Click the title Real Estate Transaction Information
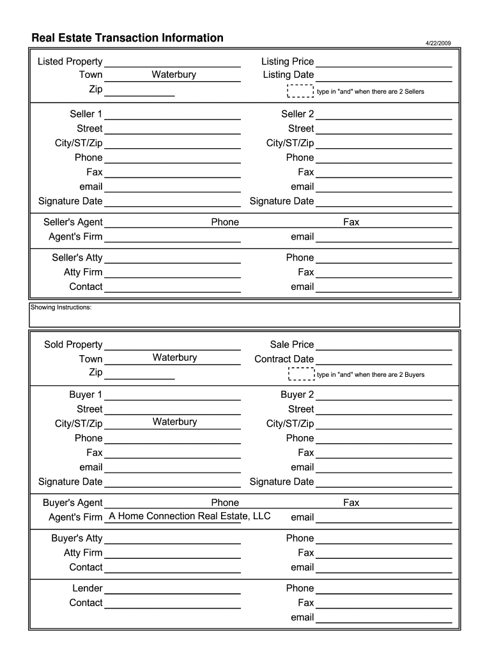[128, 38]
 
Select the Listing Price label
[288, 61]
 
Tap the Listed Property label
[70, 61]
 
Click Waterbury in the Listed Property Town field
[174, 75]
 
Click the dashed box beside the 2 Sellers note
[301, 91]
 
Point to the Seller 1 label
[86, 114]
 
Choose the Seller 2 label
[297, 114]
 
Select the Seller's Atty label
[77, 258]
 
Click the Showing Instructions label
[61, 308]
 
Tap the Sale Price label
[291, 345]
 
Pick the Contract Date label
[284, 359]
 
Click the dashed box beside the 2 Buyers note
[301, 374]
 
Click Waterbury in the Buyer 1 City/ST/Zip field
[174, 422]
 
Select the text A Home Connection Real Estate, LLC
[190, 516]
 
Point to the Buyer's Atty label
[77, 538]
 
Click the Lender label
[87, 588]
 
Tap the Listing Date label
[288, 75]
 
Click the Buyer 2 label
[297, 395]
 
